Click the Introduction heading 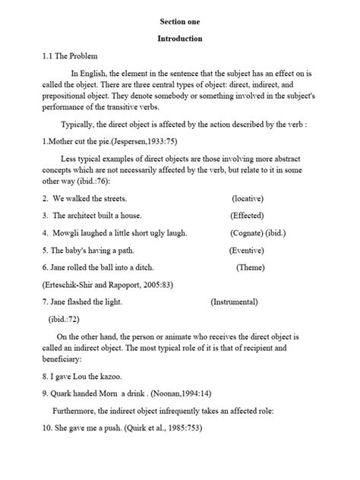[180, 38]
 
